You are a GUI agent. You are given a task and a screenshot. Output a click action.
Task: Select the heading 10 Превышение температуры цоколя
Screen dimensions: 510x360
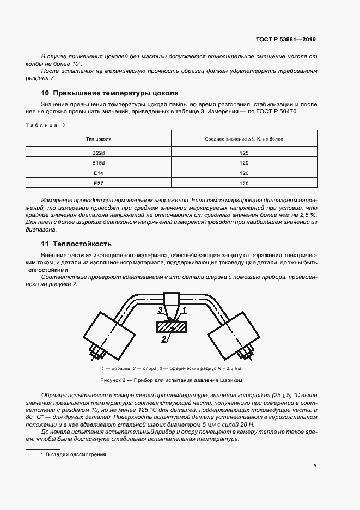110,93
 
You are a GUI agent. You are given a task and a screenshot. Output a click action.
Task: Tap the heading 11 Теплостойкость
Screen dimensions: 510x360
77,244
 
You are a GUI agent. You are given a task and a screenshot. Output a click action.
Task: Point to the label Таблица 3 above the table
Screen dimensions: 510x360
46,125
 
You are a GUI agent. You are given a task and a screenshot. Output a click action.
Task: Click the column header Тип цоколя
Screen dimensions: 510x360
99,139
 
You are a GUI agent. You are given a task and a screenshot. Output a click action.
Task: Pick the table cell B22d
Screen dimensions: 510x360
99,153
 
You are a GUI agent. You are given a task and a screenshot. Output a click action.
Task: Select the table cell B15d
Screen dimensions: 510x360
99,163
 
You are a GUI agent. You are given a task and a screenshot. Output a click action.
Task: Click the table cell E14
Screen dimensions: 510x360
99,173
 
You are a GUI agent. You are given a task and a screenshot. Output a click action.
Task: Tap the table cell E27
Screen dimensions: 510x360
99,183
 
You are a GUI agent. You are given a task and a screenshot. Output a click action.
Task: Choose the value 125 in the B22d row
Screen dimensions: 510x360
243,153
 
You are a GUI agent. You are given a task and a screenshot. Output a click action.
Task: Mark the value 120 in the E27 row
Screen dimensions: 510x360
243,183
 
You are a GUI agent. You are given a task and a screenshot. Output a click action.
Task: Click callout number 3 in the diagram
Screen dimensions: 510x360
160,309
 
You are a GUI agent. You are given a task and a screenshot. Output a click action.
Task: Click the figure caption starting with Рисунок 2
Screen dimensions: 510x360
170,380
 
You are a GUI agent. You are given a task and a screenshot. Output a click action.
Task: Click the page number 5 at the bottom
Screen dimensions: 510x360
314,466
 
